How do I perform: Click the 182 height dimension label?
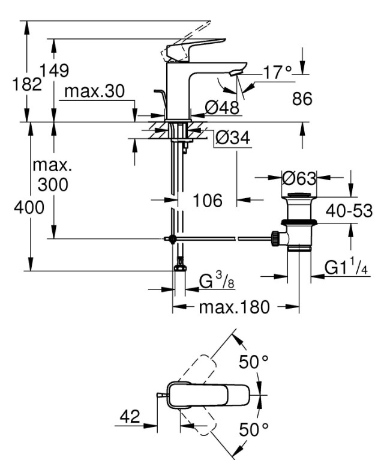(x=26, y=84)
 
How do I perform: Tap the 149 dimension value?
(x=54, y=70)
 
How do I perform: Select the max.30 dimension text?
(x=94, y=91)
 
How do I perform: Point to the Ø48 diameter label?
(x=222, y=107)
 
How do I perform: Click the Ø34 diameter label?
(x=233, y=138)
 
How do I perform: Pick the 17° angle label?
(x=278, y=72)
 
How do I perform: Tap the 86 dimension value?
(x=302, y=98)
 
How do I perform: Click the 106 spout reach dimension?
(x=208, y=201)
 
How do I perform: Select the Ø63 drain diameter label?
(x=299, y=178)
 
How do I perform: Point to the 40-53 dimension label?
(x=349, y=211)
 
